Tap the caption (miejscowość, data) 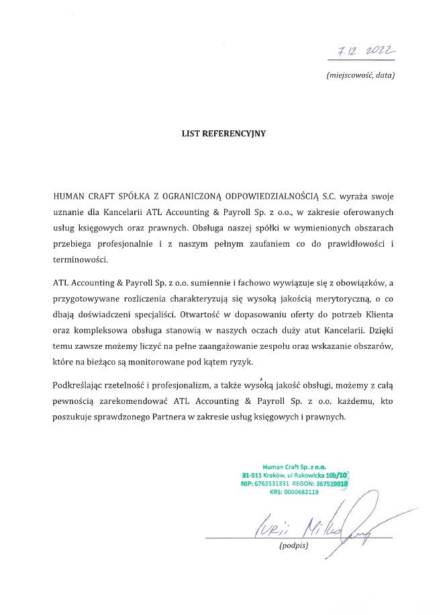[x=360, y=75]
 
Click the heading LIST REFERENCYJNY [x=224, y=134]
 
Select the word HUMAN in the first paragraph [x=70, y=198]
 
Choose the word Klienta [x=377, y=314]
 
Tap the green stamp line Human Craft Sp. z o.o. [x=294, y=465]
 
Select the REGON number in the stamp [x=333, y=483]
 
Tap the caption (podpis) [x=293, y=546]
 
